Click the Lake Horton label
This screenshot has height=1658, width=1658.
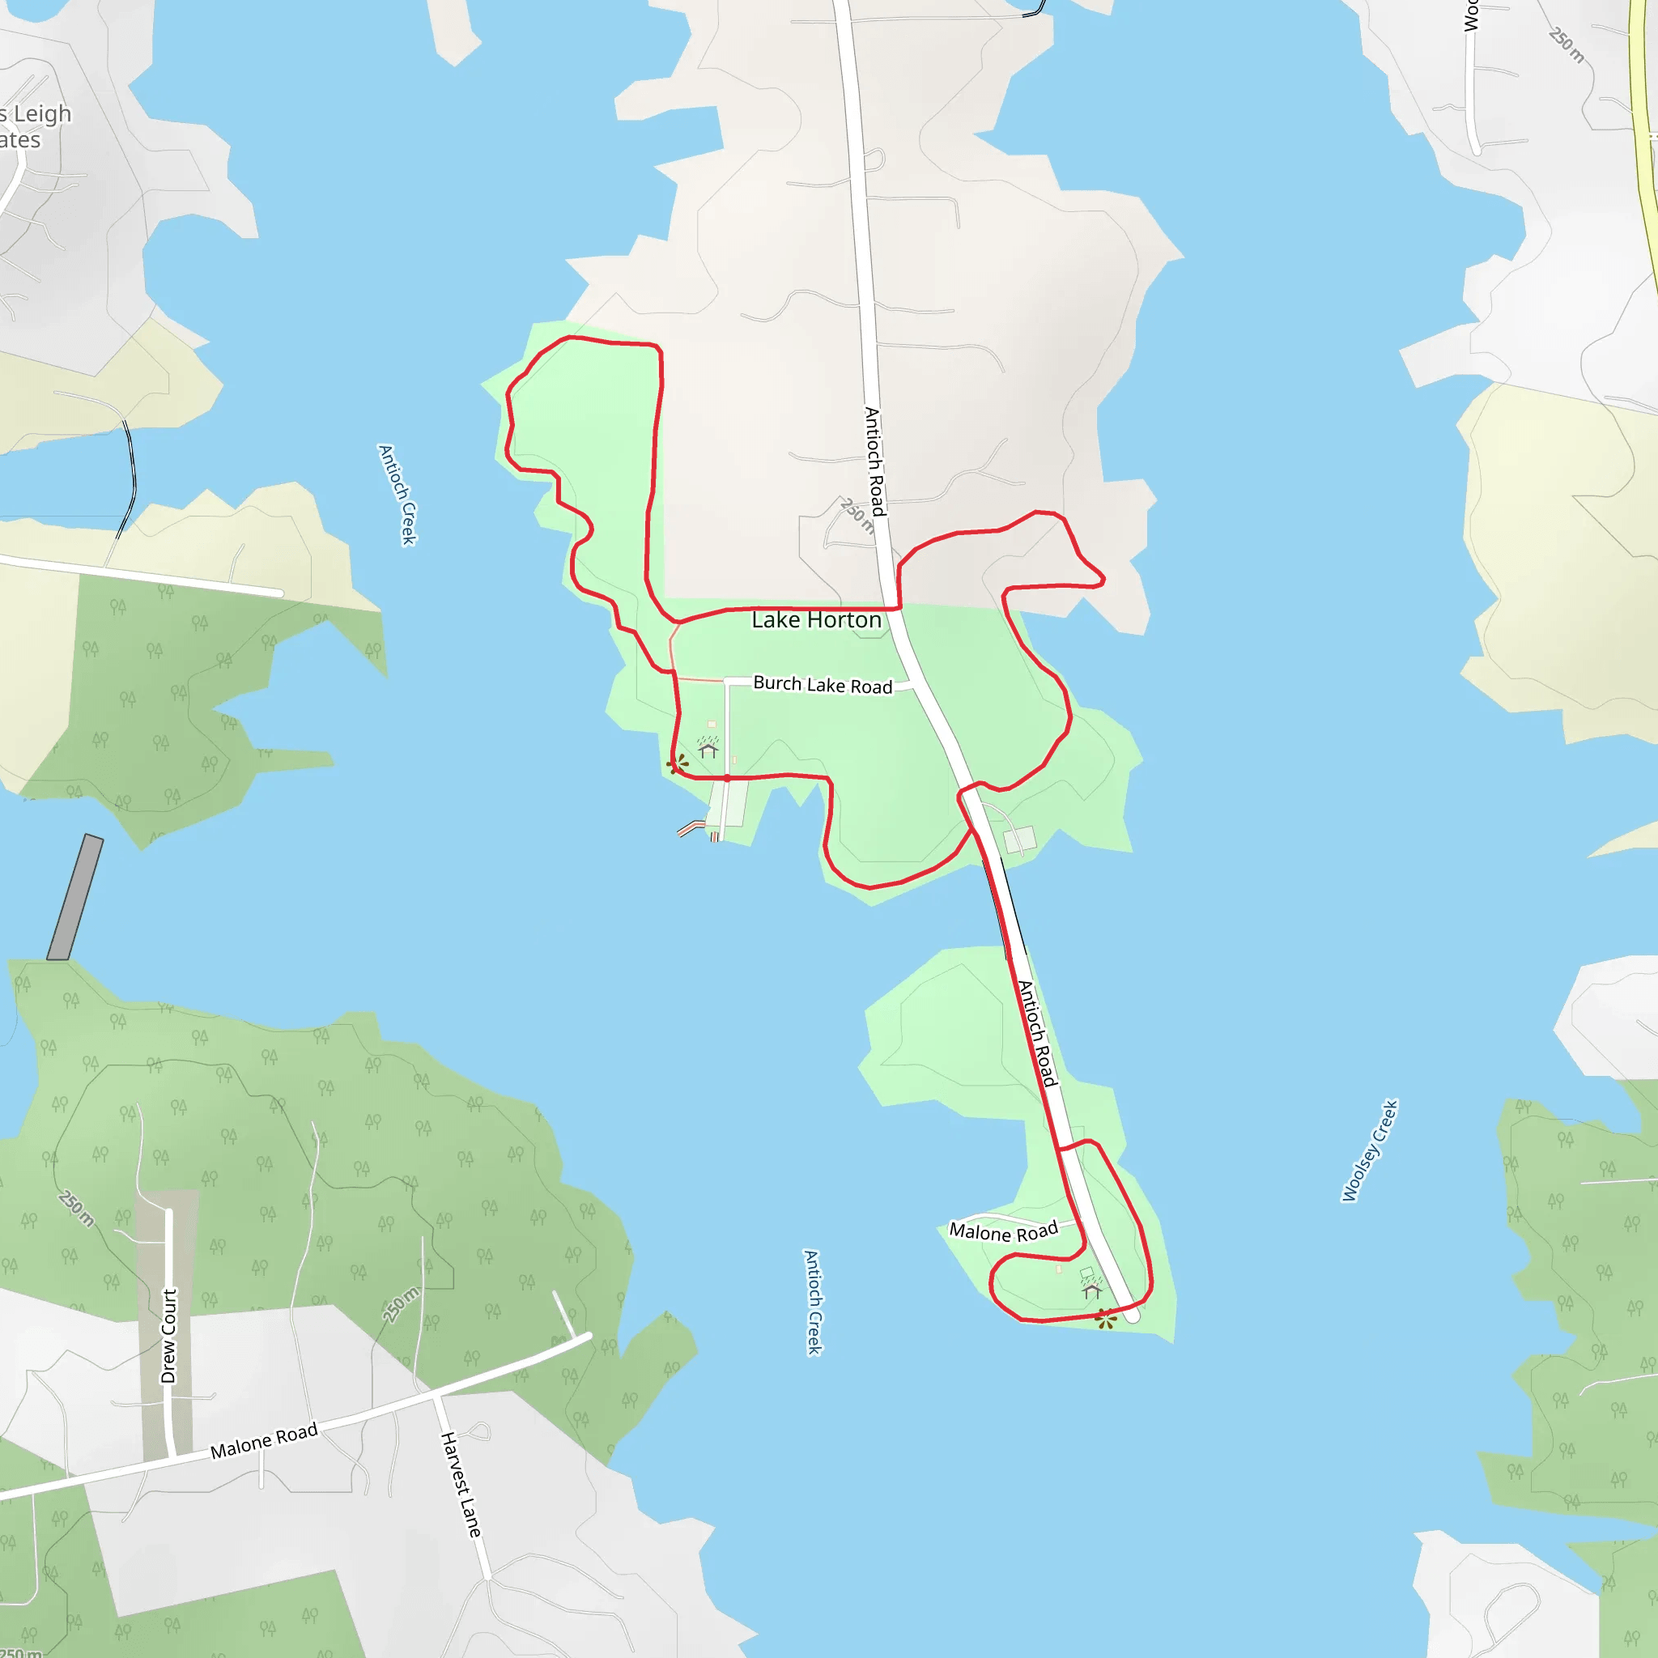pos(816,619)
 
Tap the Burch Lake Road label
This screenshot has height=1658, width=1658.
pos(823,684)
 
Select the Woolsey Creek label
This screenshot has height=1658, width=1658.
pos(1370,1150)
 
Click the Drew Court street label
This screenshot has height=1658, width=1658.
pos(169,1335)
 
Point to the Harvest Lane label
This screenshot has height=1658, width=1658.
pos(460,1484)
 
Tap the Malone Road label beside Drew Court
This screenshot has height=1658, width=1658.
pos(264,1439)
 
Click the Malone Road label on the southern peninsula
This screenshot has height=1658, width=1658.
pos(1002,1231)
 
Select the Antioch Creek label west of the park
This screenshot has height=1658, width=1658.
pos(397,495)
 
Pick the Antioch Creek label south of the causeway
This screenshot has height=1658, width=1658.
pos(813,1302)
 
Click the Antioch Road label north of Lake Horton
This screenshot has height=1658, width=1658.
pos(874,461)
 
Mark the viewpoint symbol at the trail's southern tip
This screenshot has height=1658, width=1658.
pos(1106,1319)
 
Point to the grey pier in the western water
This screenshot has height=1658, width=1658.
pos(74,897)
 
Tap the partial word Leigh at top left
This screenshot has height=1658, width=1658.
pos(42,114)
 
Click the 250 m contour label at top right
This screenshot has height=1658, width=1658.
pos(1567,45)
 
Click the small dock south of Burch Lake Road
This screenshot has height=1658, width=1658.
pos(691,828)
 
